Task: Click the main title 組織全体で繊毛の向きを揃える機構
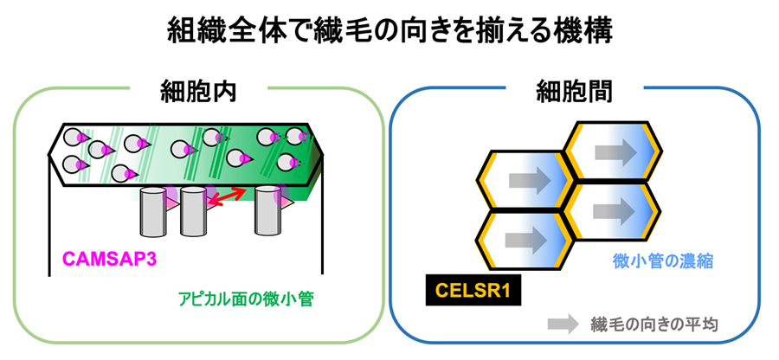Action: coord(389,33)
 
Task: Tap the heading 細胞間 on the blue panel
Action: coord(576,90)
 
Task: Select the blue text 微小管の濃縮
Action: coord(663,260)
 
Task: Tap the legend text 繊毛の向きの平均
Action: coord(654,325)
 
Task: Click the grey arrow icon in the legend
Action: coord(563,325)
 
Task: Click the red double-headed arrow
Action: coord(229,196)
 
